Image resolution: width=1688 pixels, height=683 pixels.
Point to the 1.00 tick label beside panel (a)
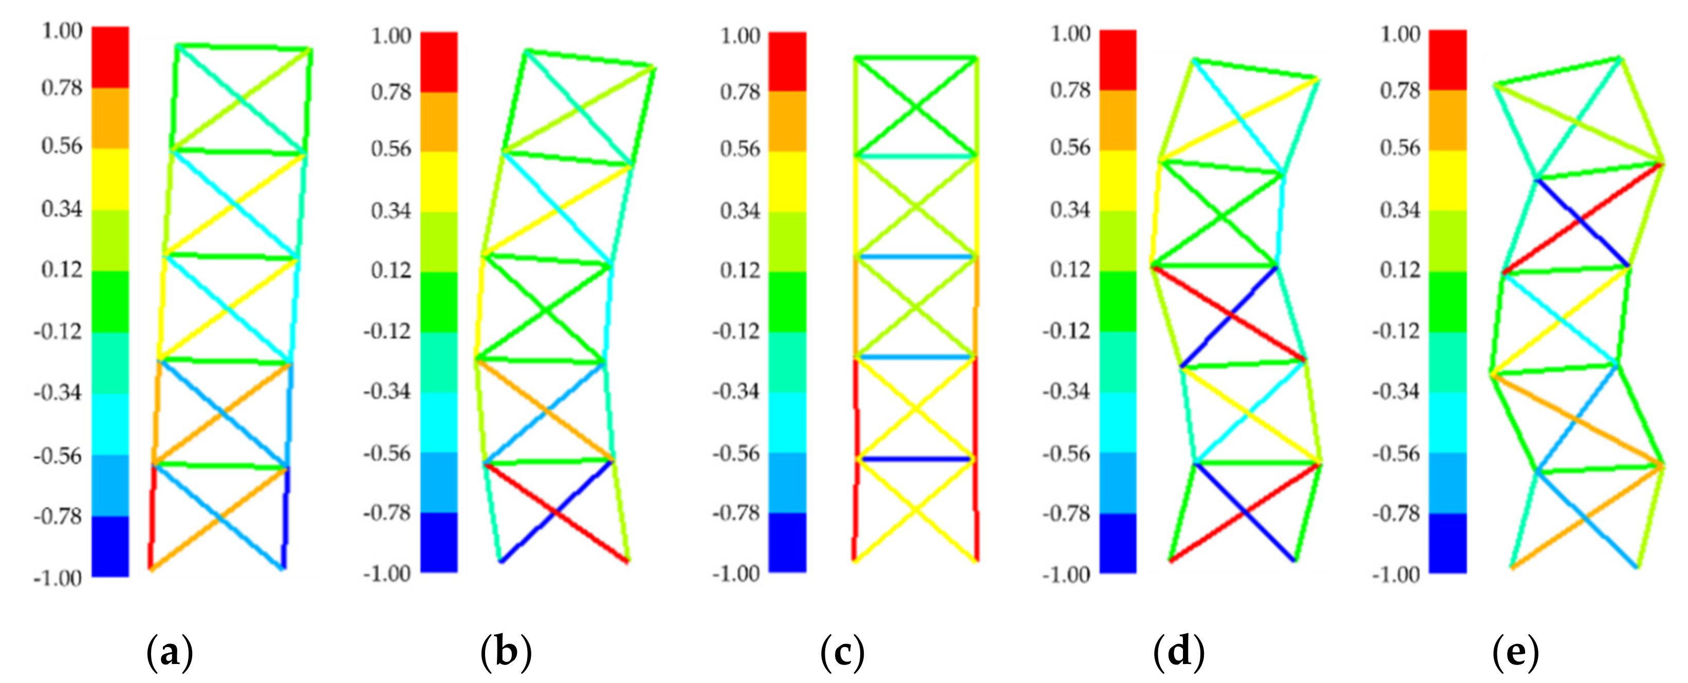(62, 31)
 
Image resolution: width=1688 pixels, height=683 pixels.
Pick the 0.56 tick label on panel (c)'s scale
(740, 149)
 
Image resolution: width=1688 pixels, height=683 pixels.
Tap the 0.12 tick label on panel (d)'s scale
(1070, 269)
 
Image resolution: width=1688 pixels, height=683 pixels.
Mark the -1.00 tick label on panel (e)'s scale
(1396, 575)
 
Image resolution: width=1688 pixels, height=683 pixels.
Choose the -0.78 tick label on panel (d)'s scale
(1066, 513)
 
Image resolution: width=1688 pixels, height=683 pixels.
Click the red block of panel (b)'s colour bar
(439, 62)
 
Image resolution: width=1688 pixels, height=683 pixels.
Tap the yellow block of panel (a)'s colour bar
(110, 179)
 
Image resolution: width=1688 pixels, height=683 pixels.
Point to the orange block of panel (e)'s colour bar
(1448, 120)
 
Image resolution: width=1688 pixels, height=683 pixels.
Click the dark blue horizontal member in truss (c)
(915, 459)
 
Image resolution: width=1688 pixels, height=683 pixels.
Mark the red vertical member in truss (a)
(152, 518)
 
